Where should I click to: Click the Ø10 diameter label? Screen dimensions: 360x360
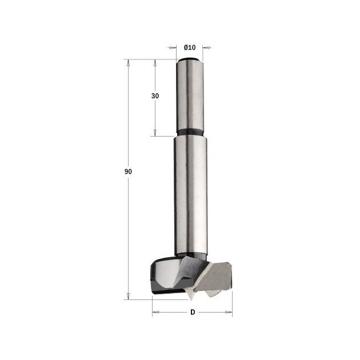point(190,47)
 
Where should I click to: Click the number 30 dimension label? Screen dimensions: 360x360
point(155,96)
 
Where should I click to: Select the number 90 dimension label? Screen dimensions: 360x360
point(128,171)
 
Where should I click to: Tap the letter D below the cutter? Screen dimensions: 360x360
point(193,312)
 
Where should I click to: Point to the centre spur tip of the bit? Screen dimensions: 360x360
point(191,300)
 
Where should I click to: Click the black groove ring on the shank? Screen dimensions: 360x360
point(190,133)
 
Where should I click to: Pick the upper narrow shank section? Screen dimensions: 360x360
point(190,95)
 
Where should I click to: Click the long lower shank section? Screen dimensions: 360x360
point(190,195)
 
